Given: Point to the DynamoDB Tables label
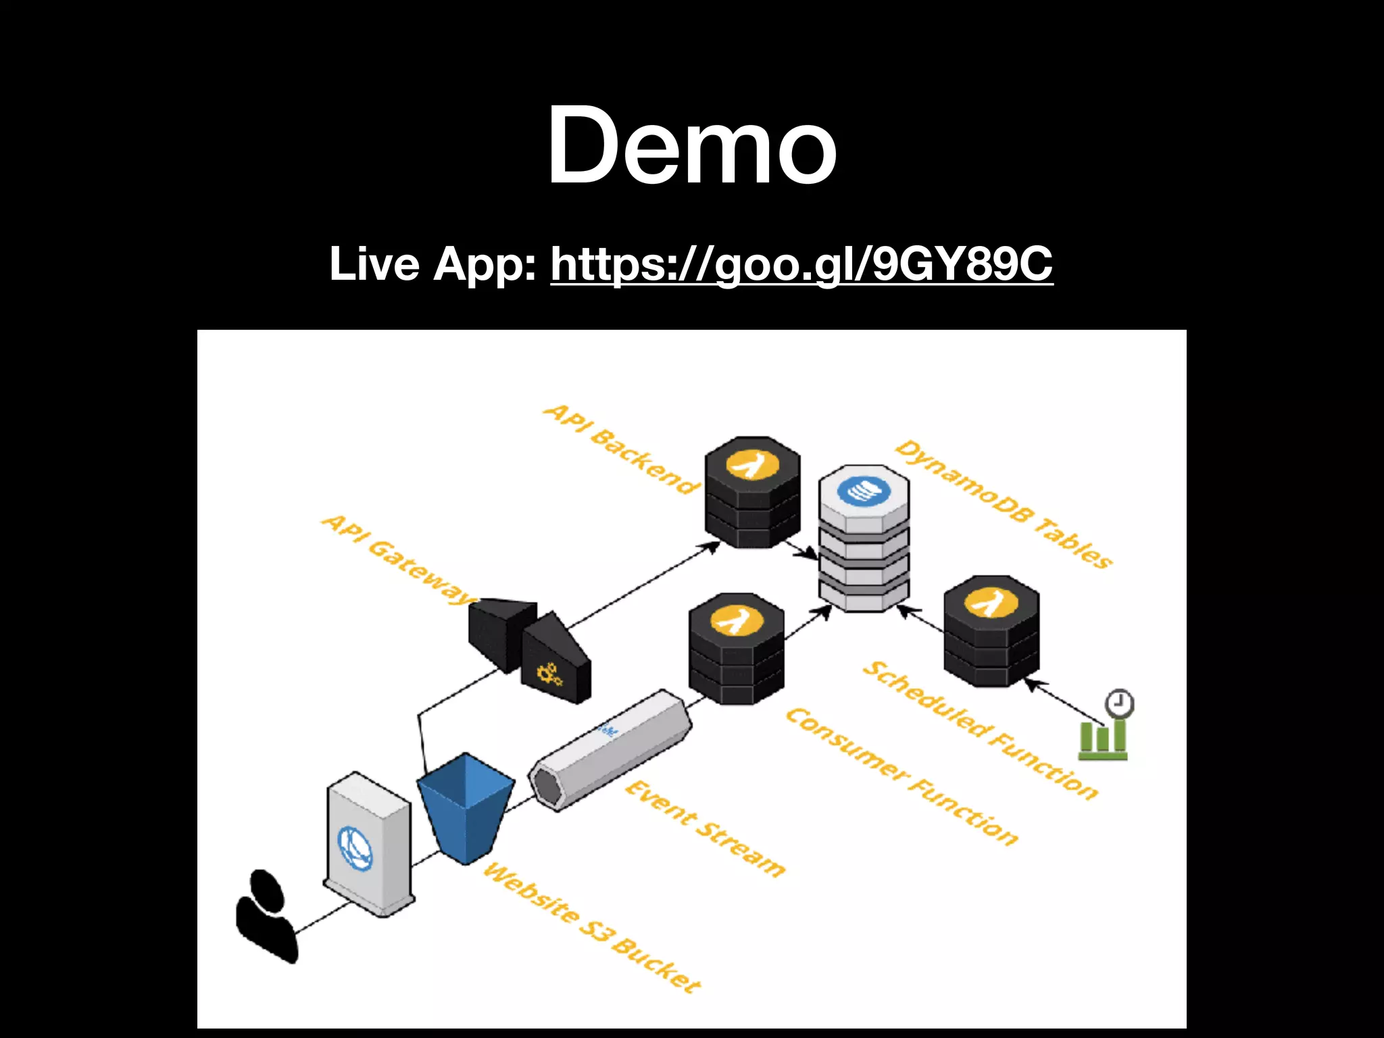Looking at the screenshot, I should (x=1004, y=503).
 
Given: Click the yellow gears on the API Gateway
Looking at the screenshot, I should (x=549, y=674).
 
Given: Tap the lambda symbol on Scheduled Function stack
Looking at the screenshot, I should (x=991, y=603).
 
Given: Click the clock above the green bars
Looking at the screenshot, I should (x=1119, y=703).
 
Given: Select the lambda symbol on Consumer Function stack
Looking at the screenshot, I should (x=737, y=620).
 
